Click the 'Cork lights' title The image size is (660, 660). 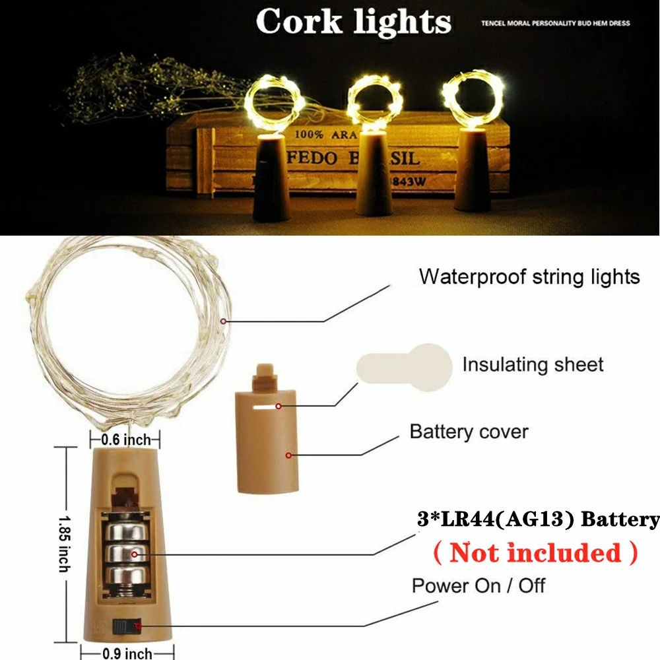pos(353,22)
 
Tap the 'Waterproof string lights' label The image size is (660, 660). pos(529,276)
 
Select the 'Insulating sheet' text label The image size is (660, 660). pos(533,364)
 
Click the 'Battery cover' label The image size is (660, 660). pos(469,432)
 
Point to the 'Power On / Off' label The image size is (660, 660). pos(478,585)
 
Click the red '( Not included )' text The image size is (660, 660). pos(535,552)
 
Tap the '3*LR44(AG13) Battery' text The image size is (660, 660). pos(538,519)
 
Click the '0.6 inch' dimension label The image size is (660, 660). pos(125,439)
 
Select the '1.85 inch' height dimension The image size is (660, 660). pos(63,544)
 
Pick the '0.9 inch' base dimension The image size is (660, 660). pos(125,653)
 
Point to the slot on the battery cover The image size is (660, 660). pos(265,407)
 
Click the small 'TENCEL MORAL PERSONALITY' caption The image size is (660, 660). pos(554,23)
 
